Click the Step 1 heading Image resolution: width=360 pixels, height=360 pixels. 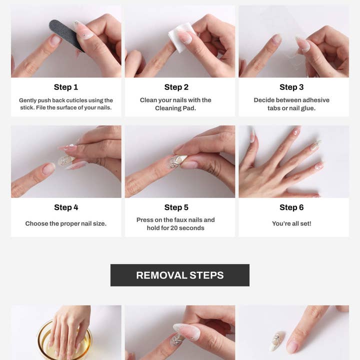click(66, 87)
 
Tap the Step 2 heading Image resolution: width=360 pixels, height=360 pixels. click(176, 87)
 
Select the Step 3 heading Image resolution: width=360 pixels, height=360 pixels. click(291, 87)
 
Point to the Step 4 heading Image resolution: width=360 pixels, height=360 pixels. click(66, 207)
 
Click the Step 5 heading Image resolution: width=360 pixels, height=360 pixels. click(176, 207)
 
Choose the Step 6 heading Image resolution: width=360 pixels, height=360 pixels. click(291, 207)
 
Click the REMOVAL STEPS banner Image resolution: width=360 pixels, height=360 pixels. click(180, 275)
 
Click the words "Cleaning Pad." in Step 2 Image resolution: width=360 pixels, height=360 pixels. click(175, 108)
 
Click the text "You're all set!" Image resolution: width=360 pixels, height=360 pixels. click(291, 223)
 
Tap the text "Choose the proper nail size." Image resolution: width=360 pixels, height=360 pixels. click(66, 223)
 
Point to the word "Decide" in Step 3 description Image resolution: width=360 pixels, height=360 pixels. click(265, 100)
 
